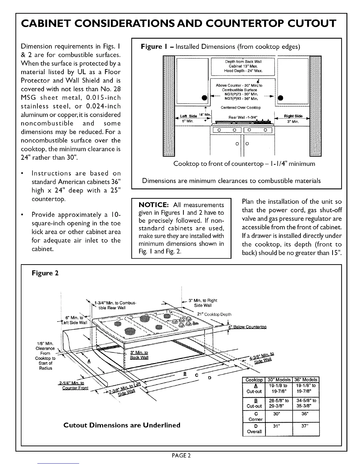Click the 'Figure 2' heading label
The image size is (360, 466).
coord(45,273)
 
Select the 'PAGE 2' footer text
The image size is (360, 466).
coord(181,456)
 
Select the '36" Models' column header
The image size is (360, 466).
coord(306,380)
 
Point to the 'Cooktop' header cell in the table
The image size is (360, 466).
coord(254,380)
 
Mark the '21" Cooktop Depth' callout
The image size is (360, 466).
coord(214,314)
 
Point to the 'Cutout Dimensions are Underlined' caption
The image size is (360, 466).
coord(122,425)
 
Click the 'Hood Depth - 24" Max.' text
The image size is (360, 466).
coord(243,71)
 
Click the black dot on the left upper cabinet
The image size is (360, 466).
coord(204,97)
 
